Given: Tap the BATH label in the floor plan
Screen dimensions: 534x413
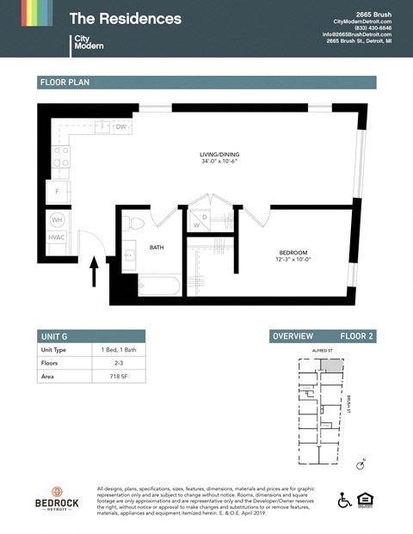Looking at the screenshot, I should (157, 248).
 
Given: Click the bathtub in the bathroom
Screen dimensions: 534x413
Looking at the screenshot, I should (159, 285).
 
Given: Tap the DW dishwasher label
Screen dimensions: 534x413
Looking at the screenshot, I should (121, 127).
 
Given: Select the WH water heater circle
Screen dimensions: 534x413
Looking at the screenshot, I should (57, 219).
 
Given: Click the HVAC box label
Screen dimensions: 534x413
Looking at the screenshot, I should (57, 237).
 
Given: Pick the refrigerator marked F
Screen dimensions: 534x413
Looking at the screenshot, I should (57, 191).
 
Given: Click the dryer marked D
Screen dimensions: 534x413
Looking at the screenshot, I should (205, 216).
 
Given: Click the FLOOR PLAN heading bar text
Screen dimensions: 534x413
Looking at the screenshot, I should (65, 83).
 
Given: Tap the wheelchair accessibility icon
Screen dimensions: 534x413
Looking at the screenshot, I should (344, 500).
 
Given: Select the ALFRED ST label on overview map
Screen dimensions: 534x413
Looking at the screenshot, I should (323, 352).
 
